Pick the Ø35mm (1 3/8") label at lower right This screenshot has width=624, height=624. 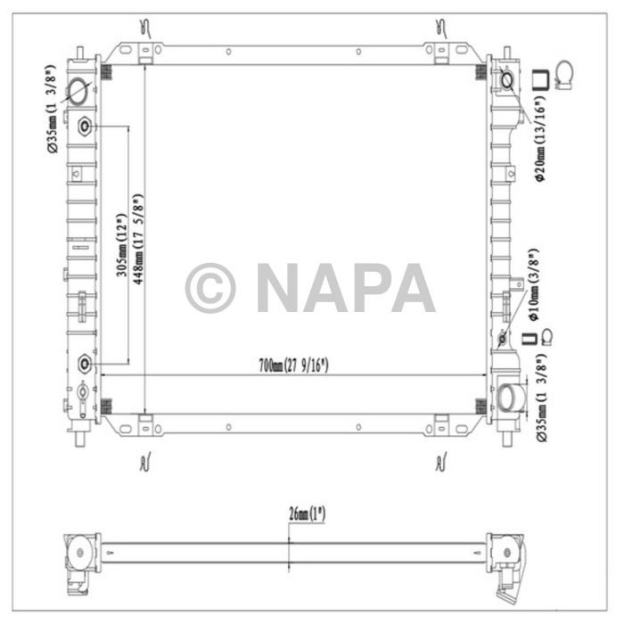point(540,397)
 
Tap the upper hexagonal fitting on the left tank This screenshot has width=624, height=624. point(86,126)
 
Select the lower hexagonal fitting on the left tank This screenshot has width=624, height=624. point(86,363)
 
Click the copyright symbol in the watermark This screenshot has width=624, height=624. point(210,288)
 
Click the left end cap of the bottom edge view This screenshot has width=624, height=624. point(80,550)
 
